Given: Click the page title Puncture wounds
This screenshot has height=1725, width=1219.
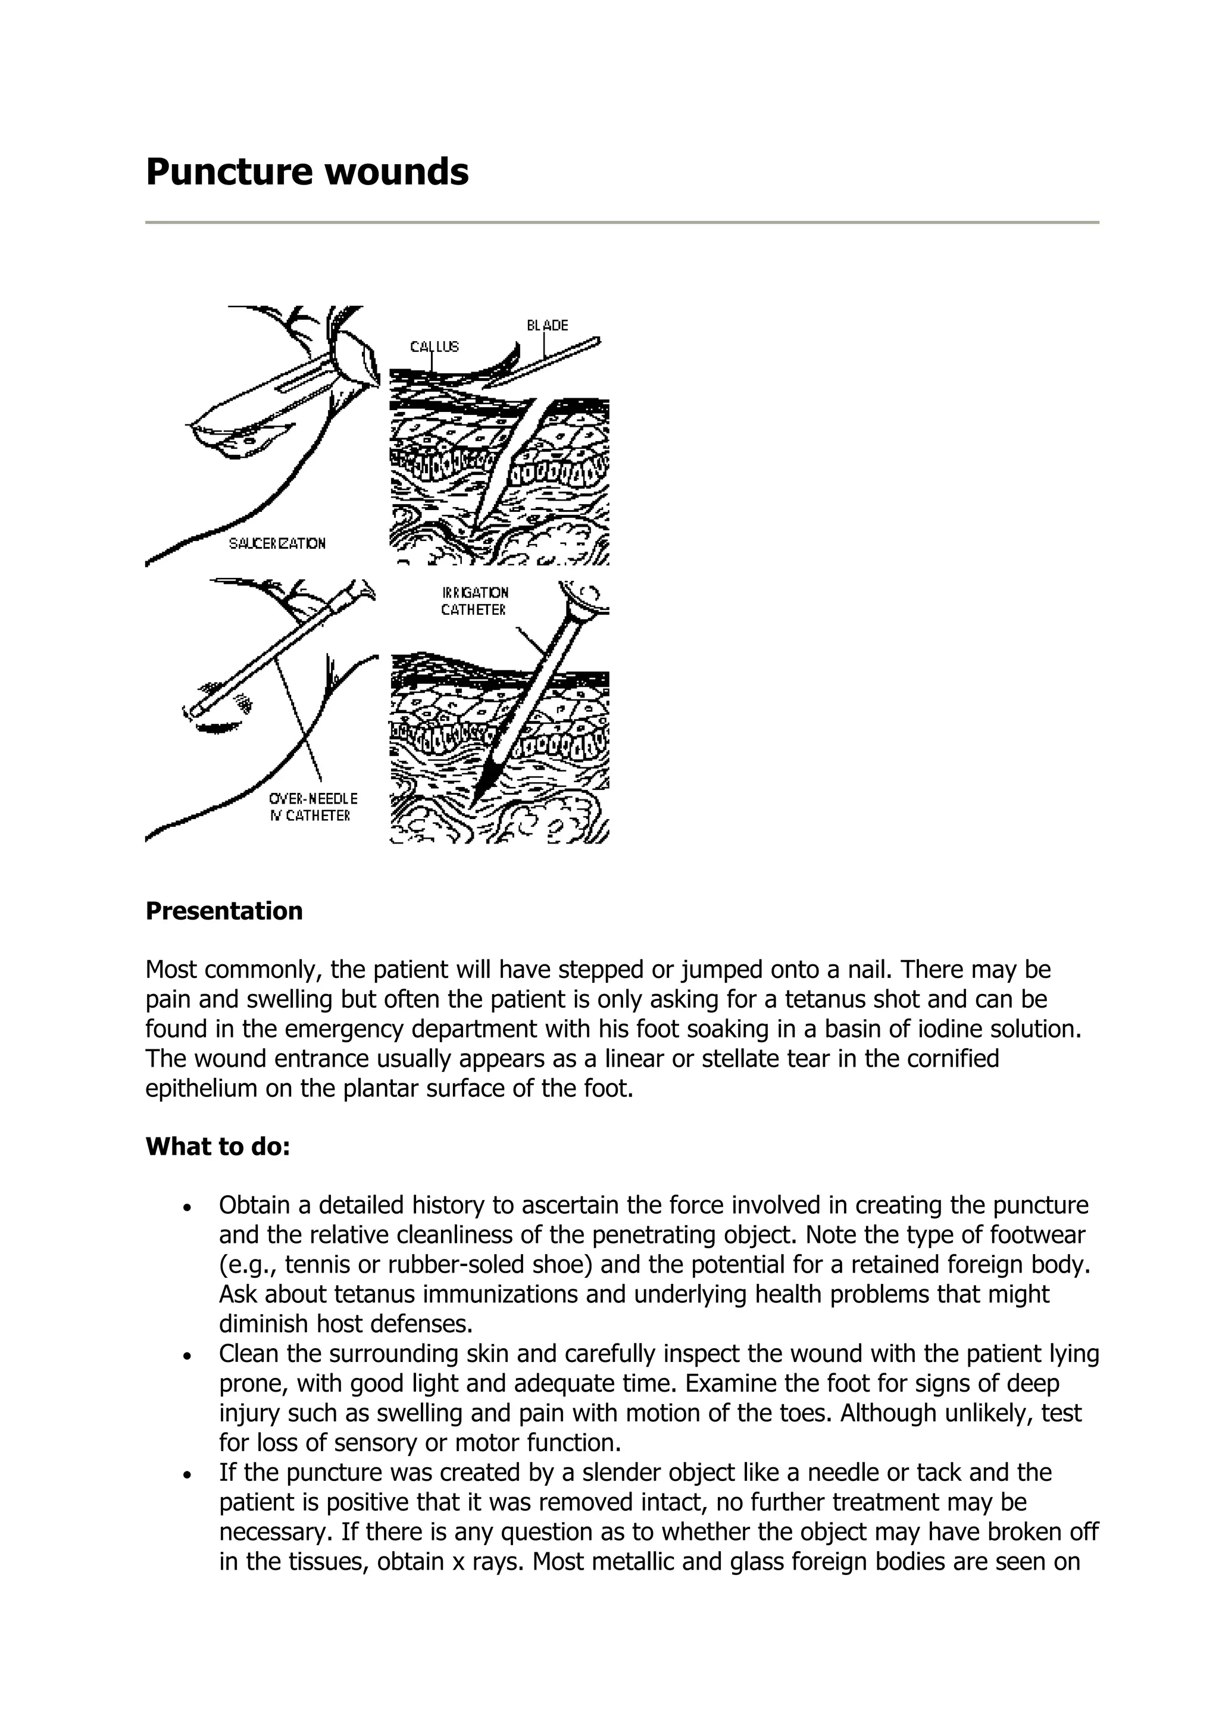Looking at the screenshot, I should (307, 171).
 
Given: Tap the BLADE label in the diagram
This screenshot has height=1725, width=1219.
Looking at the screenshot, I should (547, 326).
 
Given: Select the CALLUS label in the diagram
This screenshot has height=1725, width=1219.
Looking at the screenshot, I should (434, 346).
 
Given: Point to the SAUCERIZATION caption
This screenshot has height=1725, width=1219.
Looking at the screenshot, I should (277, 543).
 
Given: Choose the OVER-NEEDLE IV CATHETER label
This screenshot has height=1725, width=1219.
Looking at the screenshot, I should (313, 807).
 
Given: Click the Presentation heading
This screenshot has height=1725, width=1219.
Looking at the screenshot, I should (224, 911).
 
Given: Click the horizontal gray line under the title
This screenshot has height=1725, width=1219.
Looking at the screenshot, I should (622, 223).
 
